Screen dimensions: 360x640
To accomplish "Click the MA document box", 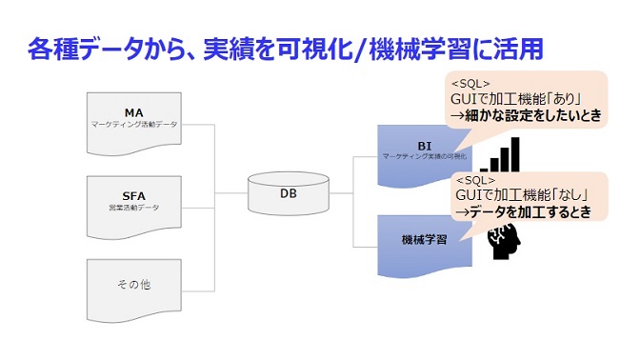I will click(x=133, y=124).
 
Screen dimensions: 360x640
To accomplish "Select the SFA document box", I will click(x=133, y=205).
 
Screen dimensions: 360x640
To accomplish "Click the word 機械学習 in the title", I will click(x=448, y=47).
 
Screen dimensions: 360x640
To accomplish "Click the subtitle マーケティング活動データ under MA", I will click(x=133, y=125).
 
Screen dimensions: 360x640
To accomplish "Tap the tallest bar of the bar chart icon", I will click(x=515, y=151).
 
